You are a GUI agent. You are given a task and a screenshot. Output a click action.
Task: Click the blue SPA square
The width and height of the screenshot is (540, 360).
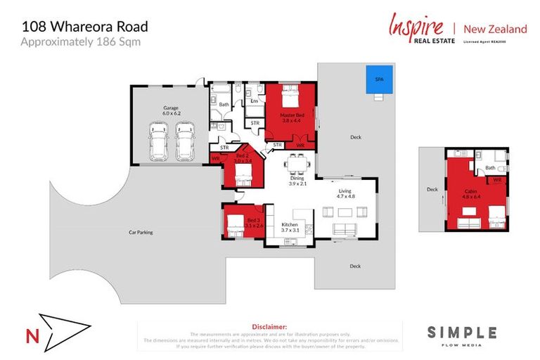pos(378,79)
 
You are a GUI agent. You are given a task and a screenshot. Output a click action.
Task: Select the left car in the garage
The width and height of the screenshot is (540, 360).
pos(159,141)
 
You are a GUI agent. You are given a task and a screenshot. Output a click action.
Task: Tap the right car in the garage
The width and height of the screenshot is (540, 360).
pos(184,141)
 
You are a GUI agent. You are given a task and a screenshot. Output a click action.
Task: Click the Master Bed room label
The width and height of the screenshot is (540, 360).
pos(292,117)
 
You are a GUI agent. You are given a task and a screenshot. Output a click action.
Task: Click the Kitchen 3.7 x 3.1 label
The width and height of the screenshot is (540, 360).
pos(290,227)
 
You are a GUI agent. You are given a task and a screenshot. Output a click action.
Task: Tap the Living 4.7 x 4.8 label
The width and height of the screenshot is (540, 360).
pos(345,193)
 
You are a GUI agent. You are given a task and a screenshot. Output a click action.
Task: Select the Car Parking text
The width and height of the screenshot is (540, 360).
pos(141,231)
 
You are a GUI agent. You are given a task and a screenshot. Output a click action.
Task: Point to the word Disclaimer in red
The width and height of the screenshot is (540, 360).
pos(269,327)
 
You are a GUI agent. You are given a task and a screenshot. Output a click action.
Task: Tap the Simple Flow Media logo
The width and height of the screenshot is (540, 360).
pos(462,335)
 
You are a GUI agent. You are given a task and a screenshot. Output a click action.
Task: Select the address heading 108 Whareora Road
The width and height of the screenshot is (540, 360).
pos(84,27)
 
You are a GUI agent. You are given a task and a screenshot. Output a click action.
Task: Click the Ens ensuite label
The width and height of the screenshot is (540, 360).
pos(254,101)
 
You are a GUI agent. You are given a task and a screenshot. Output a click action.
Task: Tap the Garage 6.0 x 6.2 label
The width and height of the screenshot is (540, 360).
pos(172,110)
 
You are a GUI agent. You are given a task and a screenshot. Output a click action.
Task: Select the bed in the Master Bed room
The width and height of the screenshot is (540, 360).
pos(291,96)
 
